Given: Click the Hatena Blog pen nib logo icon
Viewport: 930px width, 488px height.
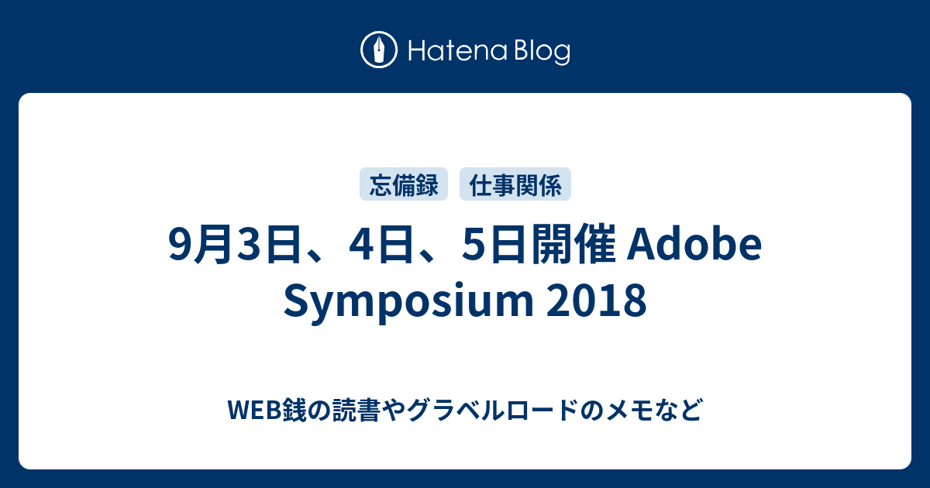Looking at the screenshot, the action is (379, 50).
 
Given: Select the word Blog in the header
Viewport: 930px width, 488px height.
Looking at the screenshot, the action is (542, 51).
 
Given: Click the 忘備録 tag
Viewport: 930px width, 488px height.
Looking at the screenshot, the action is (404, 184).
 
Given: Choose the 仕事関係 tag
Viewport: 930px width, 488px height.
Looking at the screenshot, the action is (515, 184).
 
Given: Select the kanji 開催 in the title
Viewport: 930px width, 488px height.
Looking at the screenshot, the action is (573, 245).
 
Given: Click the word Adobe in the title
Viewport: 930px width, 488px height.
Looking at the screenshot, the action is (694, 244).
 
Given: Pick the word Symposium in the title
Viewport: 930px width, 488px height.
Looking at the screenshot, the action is (408, 301).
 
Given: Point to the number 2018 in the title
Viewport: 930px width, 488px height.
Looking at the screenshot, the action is (597, 301).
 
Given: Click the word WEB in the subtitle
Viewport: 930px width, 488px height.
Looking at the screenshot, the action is (255, 410).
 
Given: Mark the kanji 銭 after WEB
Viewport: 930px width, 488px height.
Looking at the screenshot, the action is (294, 410).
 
